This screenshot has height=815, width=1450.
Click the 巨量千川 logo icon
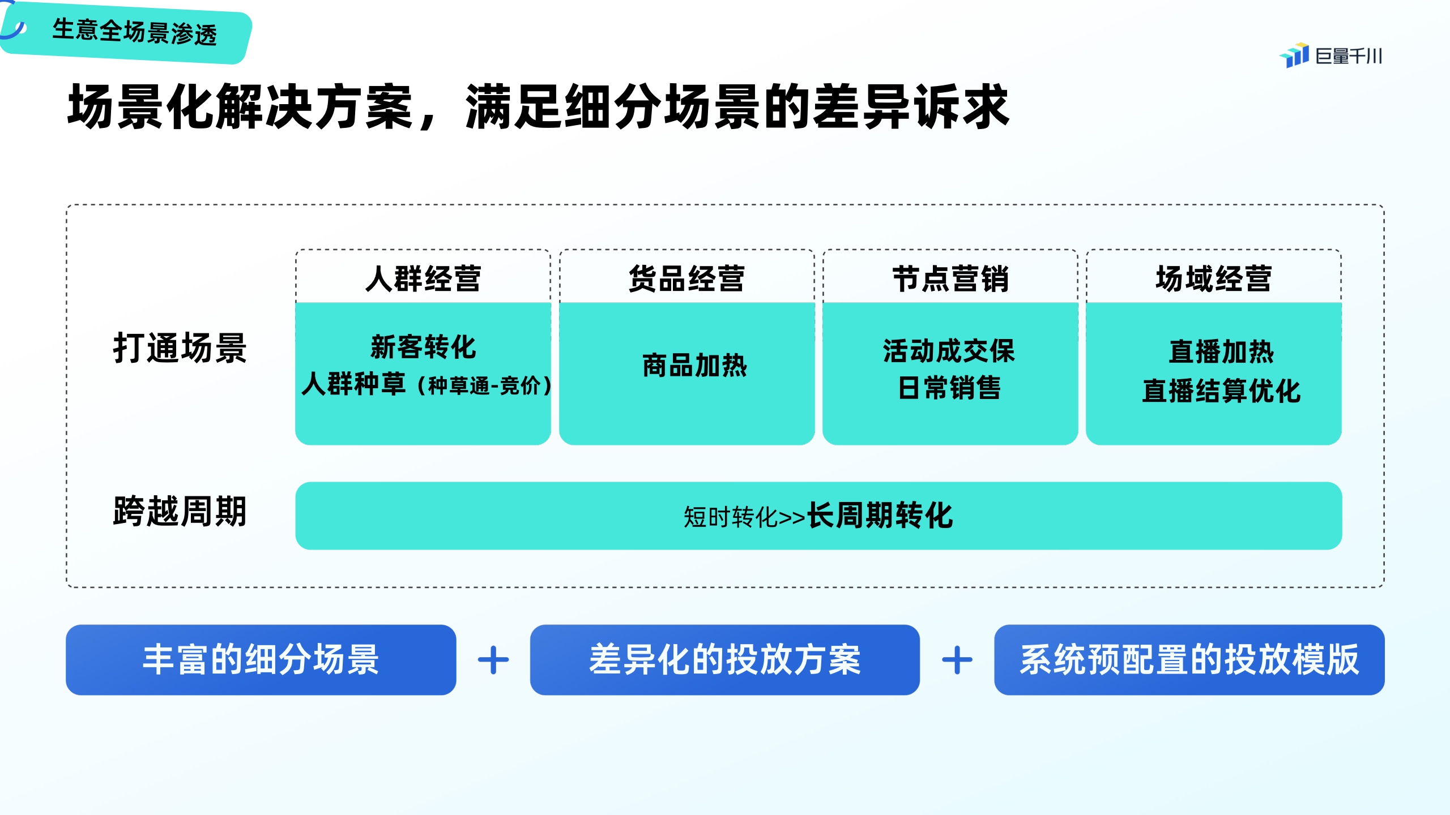1294,55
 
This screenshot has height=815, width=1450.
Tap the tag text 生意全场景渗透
134,32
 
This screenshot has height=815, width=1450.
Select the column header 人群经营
423,278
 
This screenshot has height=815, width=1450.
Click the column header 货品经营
686,278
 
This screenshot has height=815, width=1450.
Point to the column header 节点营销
950,278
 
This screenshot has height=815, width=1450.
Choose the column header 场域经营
1213,278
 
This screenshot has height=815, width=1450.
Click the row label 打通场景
180,348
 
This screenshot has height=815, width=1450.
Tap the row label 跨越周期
180,511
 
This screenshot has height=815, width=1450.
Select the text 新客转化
423,347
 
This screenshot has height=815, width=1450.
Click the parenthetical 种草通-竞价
484,386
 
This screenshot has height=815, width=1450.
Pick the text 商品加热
694,366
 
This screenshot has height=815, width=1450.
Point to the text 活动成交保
949,351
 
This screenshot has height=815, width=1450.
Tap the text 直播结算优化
1221,391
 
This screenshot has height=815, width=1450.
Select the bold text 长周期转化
880,516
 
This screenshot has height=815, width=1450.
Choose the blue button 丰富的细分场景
261,660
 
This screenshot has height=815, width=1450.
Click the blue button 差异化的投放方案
724,660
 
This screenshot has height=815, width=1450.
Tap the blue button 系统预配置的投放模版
1189,660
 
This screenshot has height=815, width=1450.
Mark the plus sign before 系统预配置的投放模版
957,660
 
